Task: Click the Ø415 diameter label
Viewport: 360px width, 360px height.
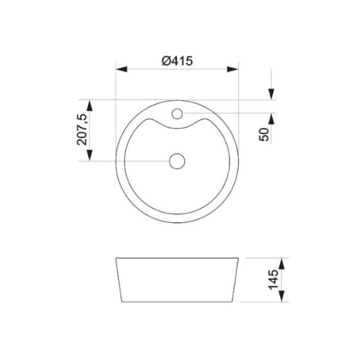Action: tap(177, 61)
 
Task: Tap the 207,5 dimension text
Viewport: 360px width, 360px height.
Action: tap(82, 129)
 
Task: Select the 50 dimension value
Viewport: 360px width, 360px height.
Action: tap(264, 134)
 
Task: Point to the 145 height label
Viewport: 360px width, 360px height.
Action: tap(273, 280)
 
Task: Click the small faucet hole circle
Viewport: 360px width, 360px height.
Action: tap(177, 114)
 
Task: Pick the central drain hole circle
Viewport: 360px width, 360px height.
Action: tap(177, 161)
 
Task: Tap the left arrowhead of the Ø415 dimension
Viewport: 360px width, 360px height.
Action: tap(122, 69)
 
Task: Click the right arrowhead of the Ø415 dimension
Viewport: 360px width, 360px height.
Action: tap(233, 69)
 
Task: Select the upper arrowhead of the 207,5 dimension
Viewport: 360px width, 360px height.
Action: tap(89, 105)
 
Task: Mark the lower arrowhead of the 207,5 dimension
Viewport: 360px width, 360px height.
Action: tap(89, 155)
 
